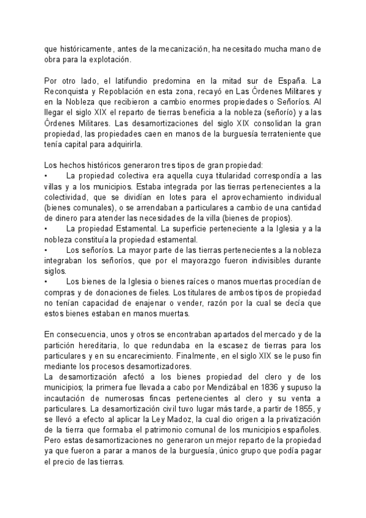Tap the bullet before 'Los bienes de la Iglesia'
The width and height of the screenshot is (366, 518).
click(x=48, y=282)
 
